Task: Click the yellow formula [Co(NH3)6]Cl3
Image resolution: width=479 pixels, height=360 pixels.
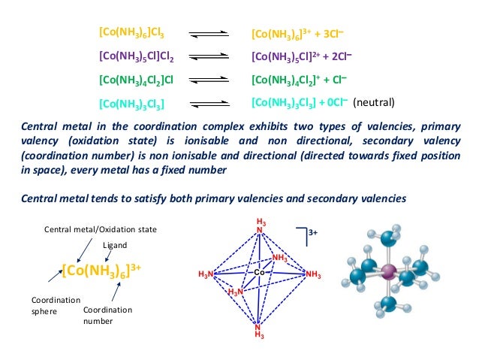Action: coord(131,34)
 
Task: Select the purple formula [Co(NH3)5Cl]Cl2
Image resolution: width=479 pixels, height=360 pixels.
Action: coord(137,56)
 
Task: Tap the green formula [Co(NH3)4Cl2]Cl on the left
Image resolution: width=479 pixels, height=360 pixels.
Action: coord(137,78)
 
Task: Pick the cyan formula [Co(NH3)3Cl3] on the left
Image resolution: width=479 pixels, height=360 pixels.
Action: coord(131,102)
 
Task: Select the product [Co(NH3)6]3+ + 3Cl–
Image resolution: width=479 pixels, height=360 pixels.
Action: coord(297,35)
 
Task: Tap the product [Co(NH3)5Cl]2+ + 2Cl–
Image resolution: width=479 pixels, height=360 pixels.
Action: coord(302,56)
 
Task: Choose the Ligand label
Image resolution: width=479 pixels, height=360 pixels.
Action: coord(116,245)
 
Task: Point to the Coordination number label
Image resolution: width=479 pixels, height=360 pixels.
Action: coord(107,315)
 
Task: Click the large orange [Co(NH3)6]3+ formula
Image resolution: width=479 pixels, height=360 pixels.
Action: coord(101,271)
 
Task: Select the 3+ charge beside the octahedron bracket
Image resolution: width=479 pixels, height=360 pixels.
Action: coord(313,233)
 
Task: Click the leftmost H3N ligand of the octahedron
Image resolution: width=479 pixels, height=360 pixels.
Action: coord(206,274)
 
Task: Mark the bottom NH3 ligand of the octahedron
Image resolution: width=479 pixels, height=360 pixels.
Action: coord(259,331)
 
